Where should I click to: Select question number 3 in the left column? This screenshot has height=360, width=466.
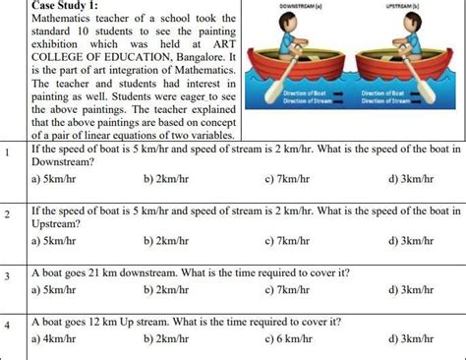7,276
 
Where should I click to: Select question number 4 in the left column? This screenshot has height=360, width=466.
7,325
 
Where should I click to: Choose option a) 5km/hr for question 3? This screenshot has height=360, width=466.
55,290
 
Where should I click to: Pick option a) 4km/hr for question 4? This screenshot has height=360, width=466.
55,338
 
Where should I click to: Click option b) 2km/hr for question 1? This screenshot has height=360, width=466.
167,179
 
